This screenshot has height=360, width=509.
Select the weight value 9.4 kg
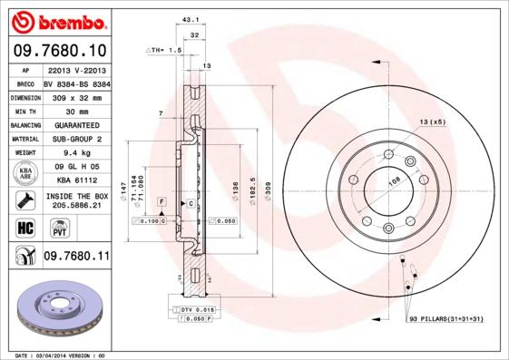pyautogui.click(x=76, y=153)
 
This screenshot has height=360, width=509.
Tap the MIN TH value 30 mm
pyautogui.click(x=76, y=110)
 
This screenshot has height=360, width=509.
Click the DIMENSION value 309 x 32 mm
pyautogui.click(x=76, y=96)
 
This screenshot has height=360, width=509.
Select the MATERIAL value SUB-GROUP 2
pyautogui.click(x=76, y=139)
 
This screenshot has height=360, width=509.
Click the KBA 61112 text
pyautogui.click(x=76, y=180)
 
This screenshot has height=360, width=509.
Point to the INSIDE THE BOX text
pyautogui.click(x=76, y=195)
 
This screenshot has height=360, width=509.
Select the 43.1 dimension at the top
pyautogui.click(x=190, y=19)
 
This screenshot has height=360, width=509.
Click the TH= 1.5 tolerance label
pyautogui.click(x=165, y=51)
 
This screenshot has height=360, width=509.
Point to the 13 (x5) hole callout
pyautogui.click(x=432, y=122)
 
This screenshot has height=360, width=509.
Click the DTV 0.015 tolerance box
pyautogui.click(x=198, y=310)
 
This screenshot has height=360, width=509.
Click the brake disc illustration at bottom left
pyautogui.click(x=55, y=307)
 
